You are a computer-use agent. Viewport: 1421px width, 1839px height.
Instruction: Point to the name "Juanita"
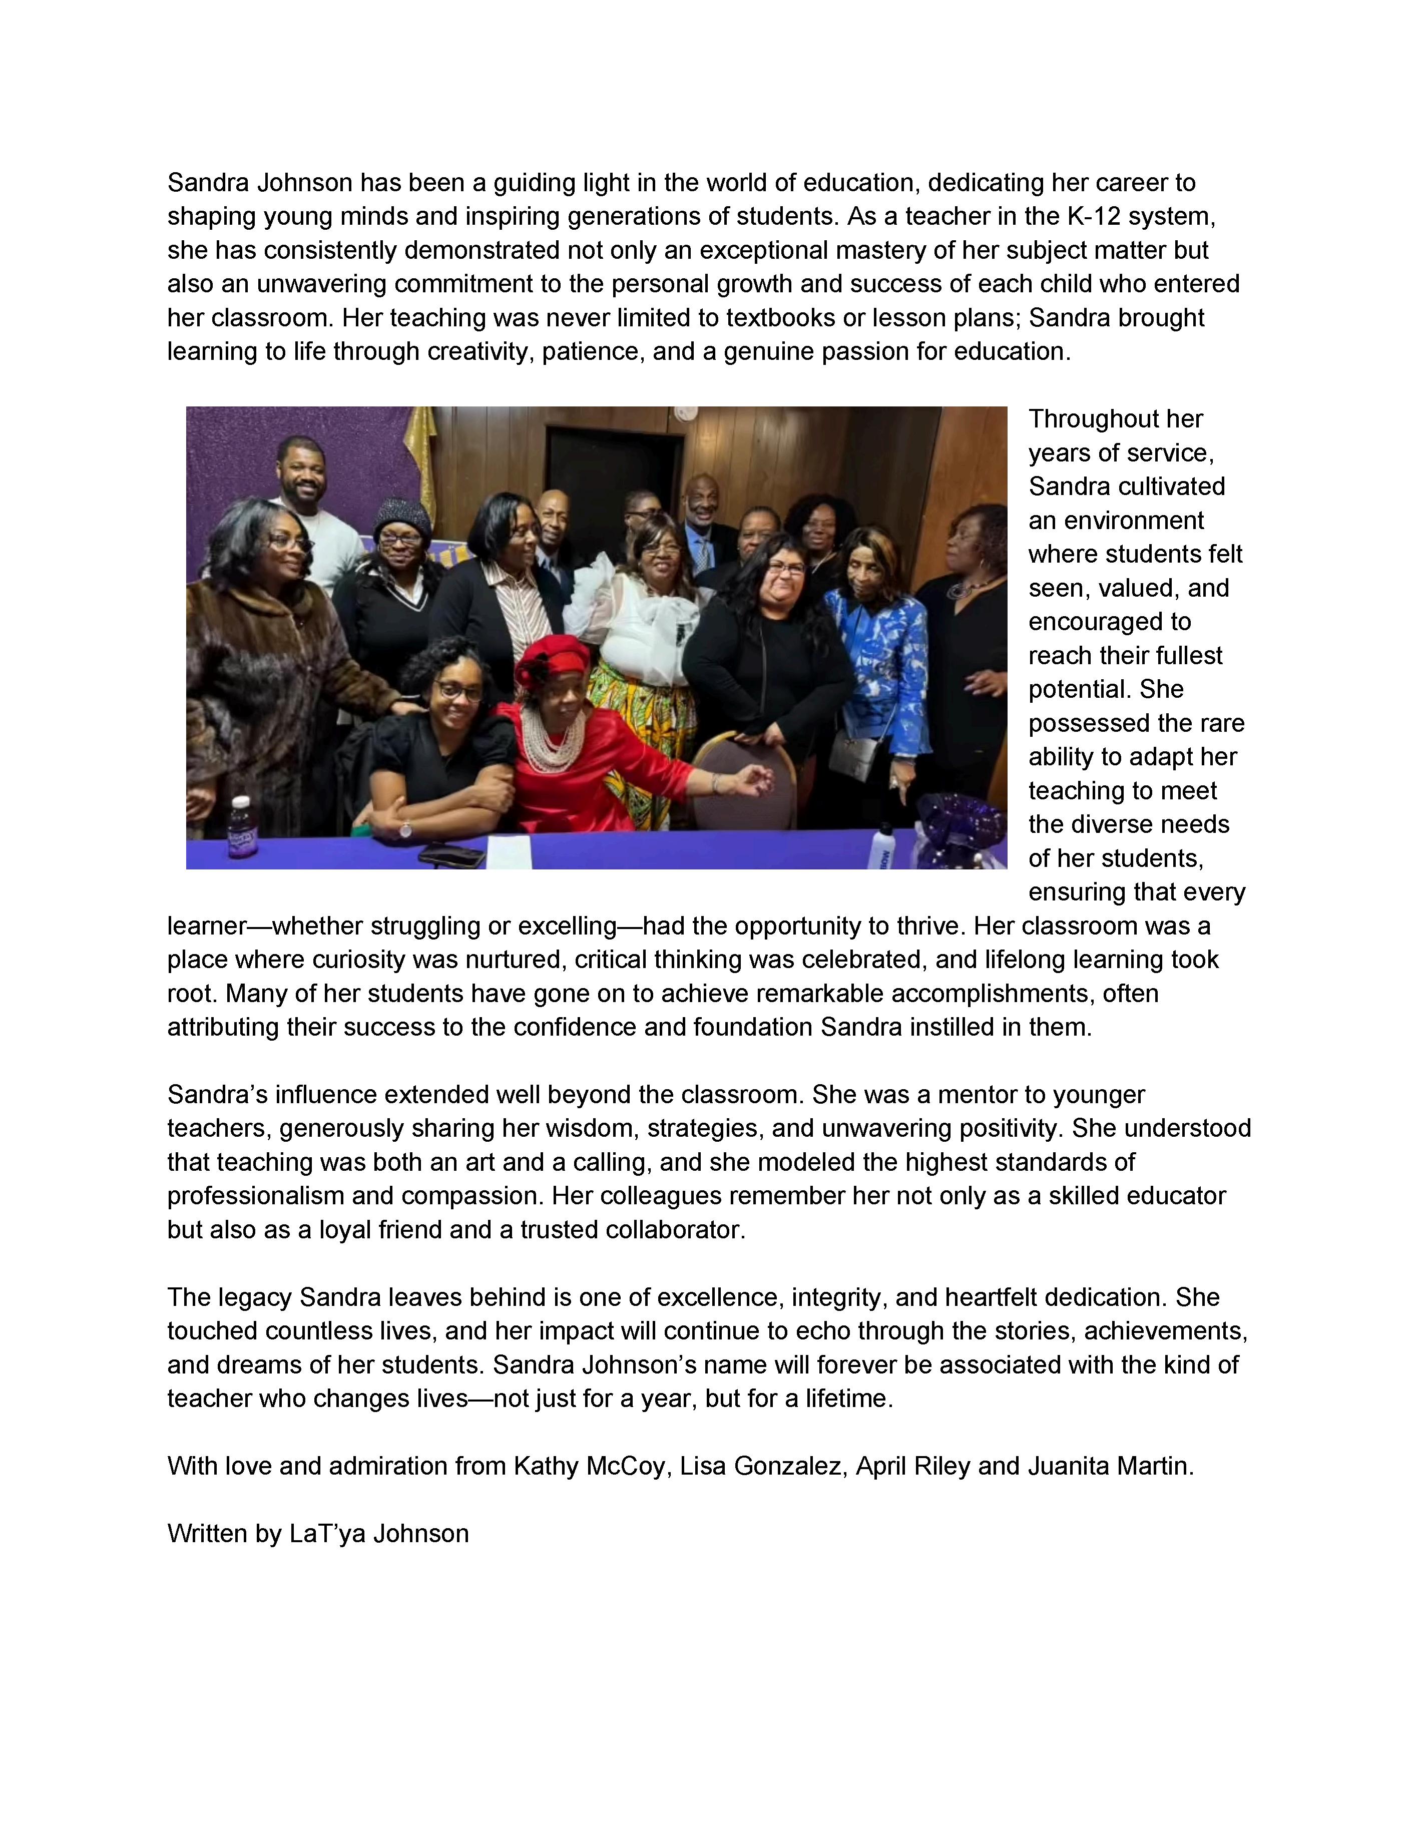pos(1068,1466)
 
